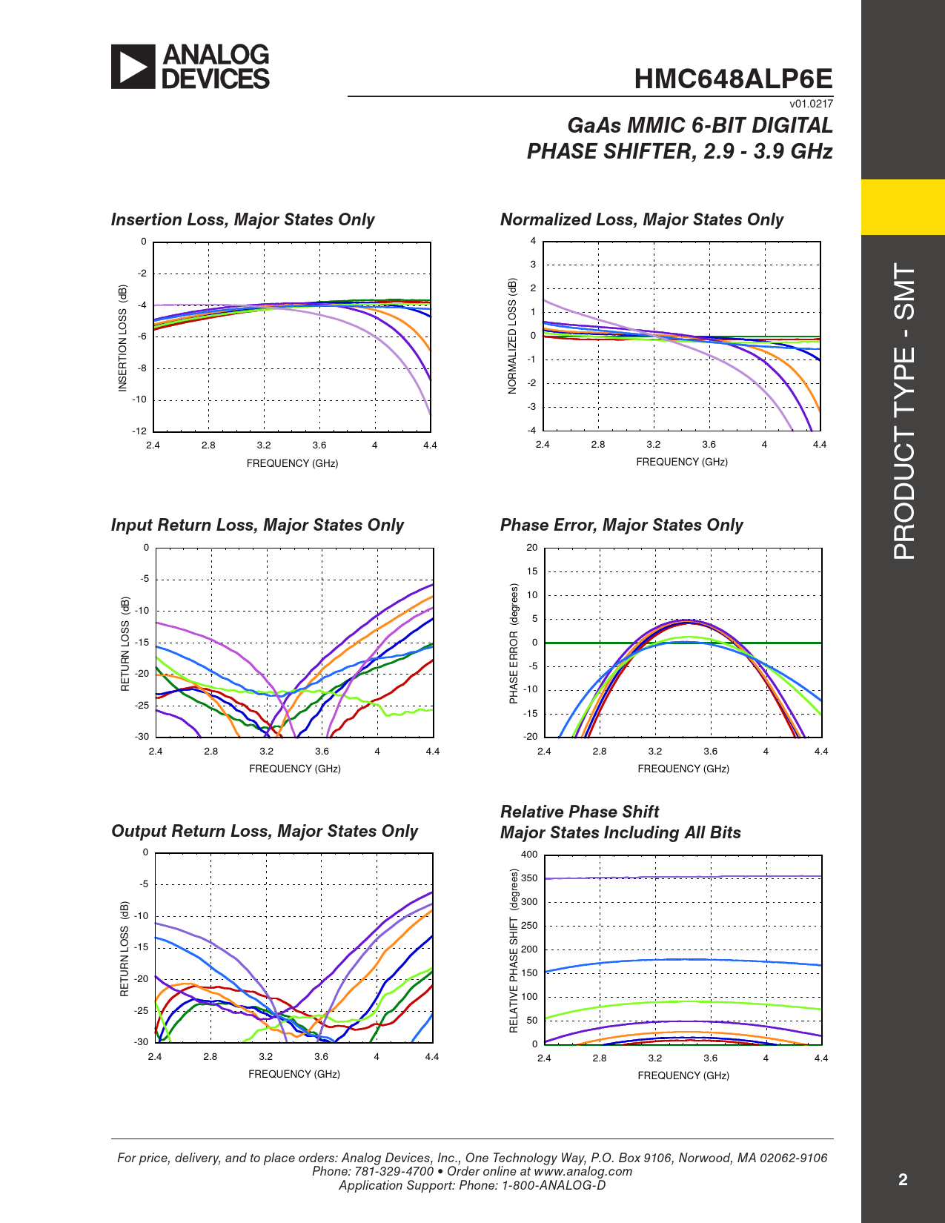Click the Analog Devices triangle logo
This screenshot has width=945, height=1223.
coord(133,67)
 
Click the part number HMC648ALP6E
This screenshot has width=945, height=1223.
coord(733,79)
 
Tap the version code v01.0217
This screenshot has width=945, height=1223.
coord(811,104)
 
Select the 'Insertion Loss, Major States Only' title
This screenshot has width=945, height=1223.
coord(242,219)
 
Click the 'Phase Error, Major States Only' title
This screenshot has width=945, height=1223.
coord(621,525)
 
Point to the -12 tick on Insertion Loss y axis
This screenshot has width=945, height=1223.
coord(139,431)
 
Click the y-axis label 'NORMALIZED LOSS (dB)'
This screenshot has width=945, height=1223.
coord(512,336)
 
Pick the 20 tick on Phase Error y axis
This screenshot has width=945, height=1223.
coord(531,548)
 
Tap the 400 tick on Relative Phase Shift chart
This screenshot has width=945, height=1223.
coord(529,854)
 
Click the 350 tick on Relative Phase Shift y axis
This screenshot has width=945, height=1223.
coord(529,878)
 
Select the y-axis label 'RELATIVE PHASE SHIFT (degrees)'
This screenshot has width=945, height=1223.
coord(514,951)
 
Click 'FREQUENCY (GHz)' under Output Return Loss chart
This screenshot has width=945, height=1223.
coord(294,1074)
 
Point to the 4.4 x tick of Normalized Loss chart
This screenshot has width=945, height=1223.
coord(819,445)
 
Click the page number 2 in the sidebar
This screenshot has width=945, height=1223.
coord(903,1180)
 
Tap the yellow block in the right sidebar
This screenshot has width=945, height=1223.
coord(903,207)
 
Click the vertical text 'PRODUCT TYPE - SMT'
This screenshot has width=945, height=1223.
coord(904,411)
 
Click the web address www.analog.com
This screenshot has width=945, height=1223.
coord(583,1172)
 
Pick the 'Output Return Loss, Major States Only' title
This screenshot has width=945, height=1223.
coord(265,831)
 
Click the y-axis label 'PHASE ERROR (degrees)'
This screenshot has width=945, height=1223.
coord(514,643)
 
